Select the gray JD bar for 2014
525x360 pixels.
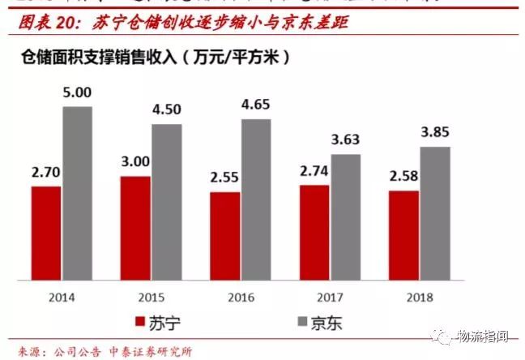click(77, 194)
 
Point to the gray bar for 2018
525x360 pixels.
click(434, 214)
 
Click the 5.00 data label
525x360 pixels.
click(77, 93)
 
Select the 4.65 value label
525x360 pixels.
click(256, 105)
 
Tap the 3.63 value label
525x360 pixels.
click(345, 140)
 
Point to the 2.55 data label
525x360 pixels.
click(225, 178)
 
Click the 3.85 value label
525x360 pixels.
click(434, 133)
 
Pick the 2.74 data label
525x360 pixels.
click(314, 172)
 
